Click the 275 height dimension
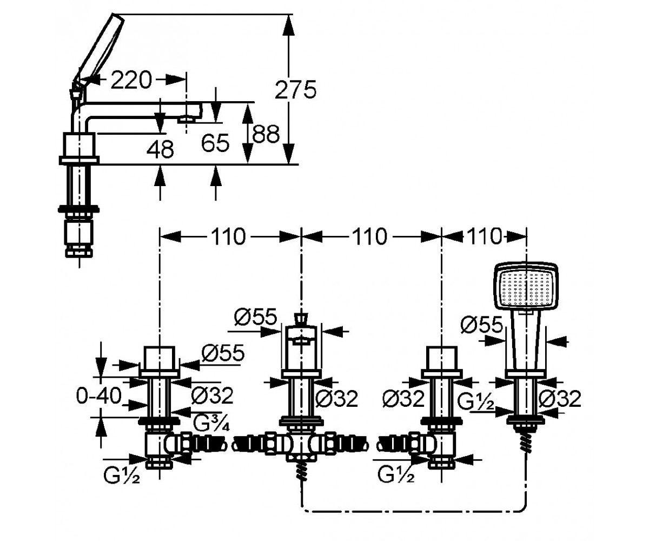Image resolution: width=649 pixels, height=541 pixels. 295,90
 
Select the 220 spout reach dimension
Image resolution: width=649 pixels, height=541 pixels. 131,80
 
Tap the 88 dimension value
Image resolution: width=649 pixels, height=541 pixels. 266,134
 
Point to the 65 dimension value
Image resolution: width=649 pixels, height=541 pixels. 215,143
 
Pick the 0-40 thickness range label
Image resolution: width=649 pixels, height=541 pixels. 99,396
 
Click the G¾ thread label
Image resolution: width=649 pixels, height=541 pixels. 211,423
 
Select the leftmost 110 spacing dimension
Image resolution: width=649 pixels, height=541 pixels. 228,236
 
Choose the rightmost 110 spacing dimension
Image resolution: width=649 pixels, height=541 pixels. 484,236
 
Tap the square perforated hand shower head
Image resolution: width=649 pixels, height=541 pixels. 526,287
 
